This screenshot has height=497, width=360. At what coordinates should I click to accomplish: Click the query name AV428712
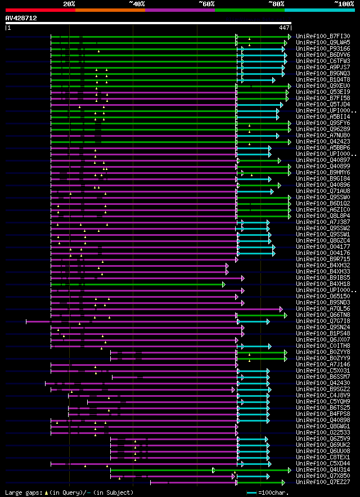click(21, 18)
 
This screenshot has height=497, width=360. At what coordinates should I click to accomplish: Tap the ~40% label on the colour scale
click(137, 3)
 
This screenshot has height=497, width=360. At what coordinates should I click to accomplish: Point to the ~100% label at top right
click(344, 3)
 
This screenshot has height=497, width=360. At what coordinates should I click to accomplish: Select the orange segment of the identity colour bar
click(110, 10)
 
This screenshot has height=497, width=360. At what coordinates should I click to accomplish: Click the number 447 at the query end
click(284, 27)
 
